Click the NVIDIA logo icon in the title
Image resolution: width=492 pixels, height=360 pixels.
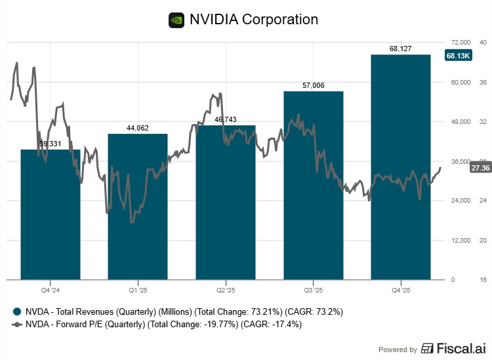click(x=176, y=20)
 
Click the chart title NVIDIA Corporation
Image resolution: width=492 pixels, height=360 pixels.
click(x=253, y=20)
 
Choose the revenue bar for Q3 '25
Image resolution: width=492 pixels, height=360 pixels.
click(x=314, y=190)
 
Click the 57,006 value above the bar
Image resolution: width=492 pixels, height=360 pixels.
click(x=314, y=85)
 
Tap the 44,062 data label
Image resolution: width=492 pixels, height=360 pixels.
click(x=138, y=128)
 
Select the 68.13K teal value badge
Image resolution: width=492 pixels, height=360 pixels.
click(x=458, y=56)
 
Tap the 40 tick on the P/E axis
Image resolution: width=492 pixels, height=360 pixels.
click(x=482, y=43)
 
